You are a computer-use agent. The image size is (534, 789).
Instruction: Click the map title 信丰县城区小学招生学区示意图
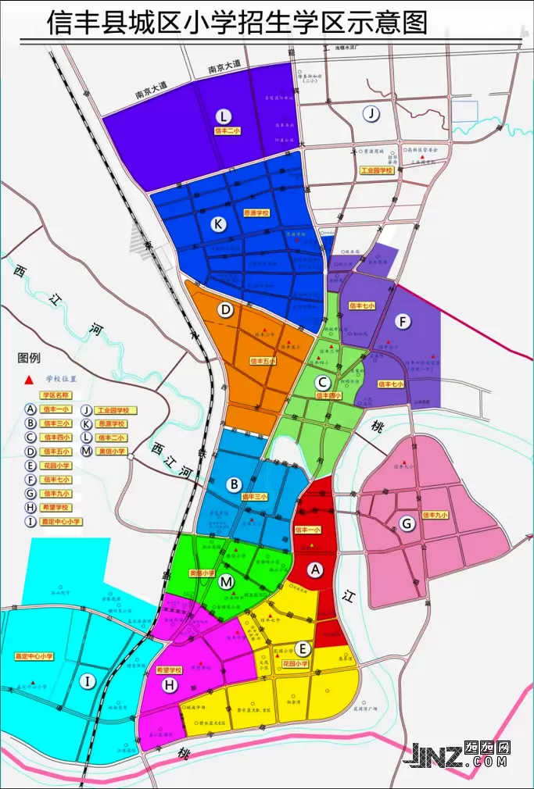coord(238,23)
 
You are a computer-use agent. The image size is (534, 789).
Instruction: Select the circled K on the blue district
coord(218,224)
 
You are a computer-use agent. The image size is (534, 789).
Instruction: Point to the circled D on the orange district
coord(226,310)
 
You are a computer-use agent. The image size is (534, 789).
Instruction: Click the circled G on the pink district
coord(407,524)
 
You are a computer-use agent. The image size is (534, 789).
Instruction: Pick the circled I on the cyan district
coord(88,682)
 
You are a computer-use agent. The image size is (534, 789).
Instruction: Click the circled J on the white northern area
coord(373,114)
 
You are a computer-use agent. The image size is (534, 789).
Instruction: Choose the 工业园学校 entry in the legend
coord(115,410)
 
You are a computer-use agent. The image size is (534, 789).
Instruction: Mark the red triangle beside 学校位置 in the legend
coord(30,380)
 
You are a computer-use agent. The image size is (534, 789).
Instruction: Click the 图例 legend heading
coord(28,359)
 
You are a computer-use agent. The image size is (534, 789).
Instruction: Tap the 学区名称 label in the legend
coord(56,395)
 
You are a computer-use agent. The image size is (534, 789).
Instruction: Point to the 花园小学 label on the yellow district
coord(296,663)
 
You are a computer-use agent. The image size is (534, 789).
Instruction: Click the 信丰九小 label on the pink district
coord(434,515)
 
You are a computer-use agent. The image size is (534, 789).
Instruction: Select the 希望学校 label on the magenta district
coord(169,669)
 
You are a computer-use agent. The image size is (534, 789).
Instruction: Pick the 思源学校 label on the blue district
coord(256,212)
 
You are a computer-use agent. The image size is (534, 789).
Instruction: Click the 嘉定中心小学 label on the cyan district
coord(34,656)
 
